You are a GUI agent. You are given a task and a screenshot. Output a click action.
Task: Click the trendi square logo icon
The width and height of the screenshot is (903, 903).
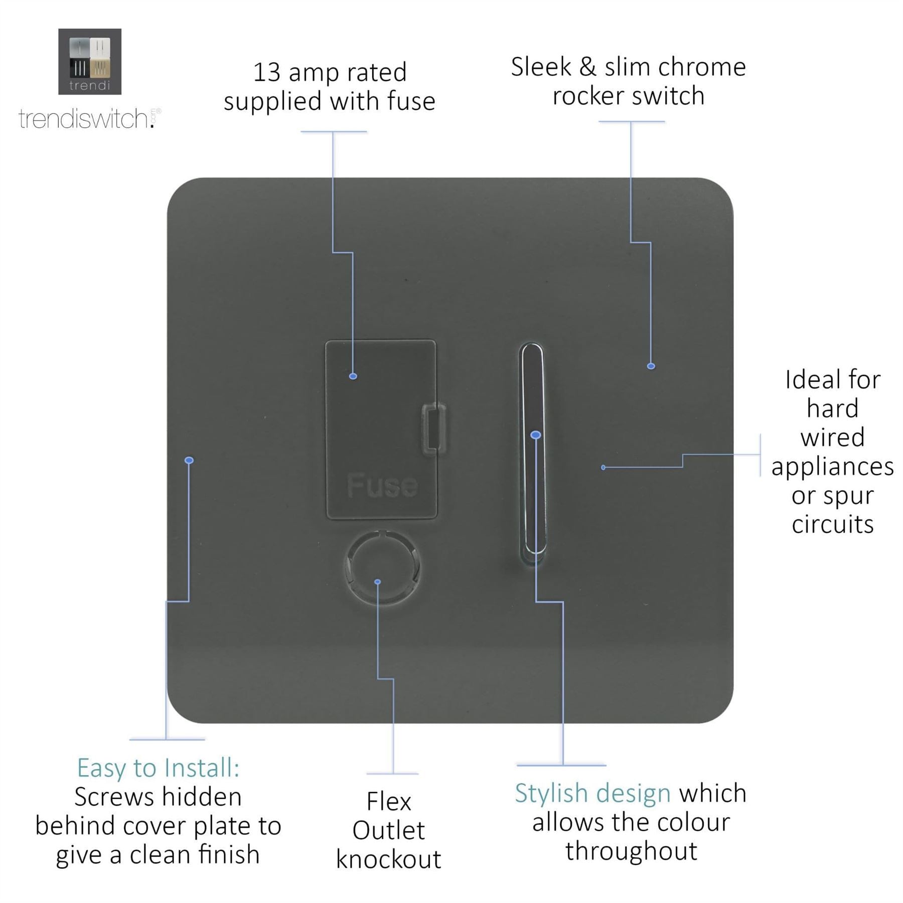click(90, 61)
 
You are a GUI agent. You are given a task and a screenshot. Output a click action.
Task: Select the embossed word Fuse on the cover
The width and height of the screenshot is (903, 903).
click(382, 485)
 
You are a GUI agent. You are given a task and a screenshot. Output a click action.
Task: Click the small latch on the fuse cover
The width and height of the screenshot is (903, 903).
click(434, 428)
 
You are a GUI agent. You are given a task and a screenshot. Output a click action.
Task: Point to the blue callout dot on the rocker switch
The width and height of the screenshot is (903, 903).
click(536, 435)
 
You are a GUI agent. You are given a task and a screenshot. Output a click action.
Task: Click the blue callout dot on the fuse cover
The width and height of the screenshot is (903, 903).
click(353, 376)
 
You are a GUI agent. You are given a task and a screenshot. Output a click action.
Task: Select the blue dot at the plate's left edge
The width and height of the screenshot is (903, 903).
click(189, 460)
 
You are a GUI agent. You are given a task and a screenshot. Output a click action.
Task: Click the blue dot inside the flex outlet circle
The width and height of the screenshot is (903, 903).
click(378, 582)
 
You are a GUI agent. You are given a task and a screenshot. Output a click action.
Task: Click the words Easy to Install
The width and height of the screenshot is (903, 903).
click(159, 768)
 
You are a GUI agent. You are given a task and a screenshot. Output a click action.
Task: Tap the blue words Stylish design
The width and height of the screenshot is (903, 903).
click(592, 794)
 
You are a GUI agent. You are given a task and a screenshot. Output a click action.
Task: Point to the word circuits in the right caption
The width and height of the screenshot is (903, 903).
click(833, 524)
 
